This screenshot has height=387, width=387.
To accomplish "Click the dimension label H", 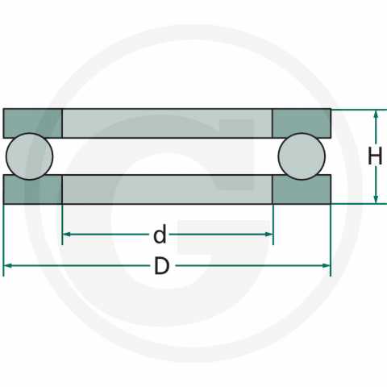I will point(374,156).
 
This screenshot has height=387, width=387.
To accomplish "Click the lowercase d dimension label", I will point(160,235).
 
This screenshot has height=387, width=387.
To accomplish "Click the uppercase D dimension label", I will point(161,266).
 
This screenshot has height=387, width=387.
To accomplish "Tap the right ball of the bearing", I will point(302,156).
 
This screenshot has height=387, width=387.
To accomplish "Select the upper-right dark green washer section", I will point(302,122).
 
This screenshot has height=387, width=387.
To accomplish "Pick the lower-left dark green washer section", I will point(32,189).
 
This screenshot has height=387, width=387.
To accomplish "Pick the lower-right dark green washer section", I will point(302,189).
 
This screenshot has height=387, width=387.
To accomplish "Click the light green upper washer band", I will point(167,123).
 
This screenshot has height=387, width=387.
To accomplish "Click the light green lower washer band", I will point(167,189).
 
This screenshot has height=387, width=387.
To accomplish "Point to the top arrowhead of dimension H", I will point(377,114).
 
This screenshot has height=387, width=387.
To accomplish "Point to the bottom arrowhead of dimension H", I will point(377,199).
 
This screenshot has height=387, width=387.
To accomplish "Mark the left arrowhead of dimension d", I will point(67,235).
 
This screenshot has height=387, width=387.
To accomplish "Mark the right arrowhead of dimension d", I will point(268,235).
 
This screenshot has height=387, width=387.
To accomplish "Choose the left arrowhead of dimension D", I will point(8,265).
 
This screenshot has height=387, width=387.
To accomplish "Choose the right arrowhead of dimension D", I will point(327,265).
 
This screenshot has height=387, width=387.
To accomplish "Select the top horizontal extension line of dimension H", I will point(355,109).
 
